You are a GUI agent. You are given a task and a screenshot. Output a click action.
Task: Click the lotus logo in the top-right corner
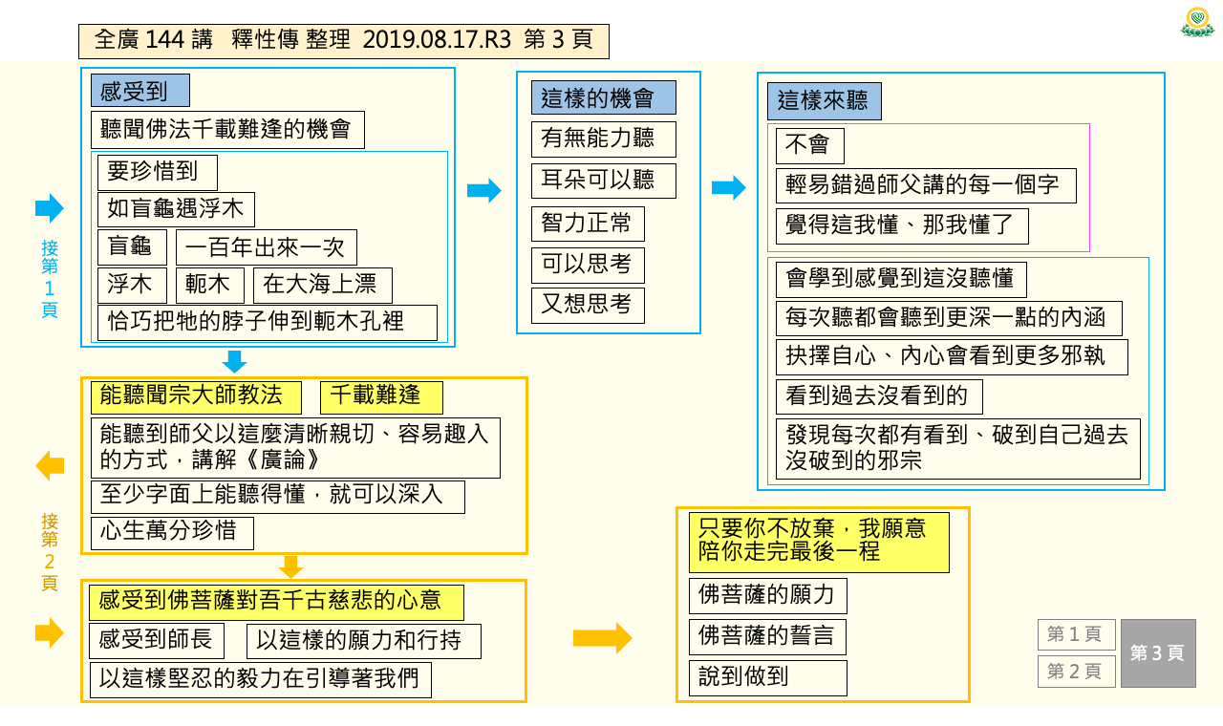point(1197,22)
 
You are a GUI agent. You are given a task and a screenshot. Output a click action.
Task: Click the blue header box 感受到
point(140,90)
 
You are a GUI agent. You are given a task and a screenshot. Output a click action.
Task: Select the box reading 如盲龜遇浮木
point(176,209)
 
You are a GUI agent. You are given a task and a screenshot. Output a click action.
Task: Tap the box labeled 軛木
point(209,285)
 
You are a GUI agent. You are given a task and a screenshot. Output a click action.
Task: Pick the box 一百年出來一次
point(267,247)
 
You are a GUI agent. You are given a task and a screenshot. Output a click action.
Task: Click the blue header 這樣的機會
point(603,97)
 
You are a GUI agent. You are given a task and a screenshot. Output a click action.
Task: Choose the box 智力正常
point(588,224)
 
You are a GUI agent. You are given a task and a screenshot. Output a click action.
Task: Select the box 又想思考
point(588,306)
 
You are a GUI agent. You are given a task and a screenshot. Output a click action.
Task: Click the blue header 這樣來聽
point(824,101)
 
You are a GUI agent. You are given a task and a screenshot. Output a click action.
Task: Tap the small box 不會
point(809,146)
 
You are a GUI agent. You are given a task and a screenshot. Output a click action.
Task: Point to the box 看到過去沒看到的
point(879,396)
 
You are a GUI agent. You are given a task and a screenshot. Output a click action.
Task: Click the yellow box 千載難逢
point(381,396)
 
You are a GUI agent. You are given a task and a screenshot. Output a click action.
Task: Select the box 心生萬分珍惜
point(172,533)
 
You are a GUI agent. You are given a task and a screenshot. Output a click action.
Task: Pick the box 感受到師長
point(157,640)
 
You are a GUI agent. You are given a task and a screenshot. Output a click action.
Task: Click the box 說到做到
point(767,677)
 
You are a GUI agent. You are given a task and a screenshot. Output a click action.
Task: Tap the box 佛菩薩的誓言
point(767,636)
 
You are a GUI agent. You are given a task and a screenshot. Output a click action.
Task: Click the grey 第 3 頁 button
point(1158,652)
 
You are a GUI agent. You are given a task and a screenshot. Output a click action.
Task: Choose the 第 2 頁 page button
point(1076,672)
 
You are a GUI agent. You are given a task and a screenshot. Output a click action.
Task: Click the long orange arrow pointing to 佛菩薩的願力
point(602,637)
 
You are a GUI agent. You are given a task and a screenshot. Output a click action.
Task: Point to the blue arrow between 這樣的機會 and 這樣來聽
point(728,188)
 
